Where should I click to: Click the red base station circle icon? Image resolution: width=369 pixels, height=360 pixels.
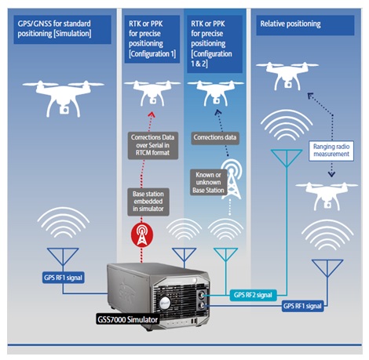point(142,235)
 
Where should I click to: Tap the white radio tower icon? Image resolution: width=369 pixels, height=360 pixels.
point(232,179)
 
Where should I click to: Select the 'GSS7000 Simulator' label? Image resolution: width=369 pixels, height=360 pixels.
point(128,320)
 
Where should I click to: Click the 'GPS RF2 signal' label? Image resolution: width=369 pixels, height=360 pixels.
point(253,295)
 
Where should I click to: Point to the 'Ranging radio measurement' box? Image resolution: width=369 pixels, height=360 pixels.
point(331,151)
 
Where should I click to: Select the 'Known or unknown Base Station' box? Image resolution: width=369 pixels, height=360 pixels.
point(208,182)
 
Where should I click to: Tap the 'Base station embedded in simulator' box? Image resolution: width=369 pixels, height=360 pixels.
point(148,202)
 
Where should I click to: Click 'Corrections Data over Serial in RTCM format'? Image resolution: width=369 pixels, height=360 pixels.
point(153,145)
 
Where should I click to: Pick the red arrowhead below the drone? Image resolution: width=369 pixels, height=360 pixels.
point(152,115)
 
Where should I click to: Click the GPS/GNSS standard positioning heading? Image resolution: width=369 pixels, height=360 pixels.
point(62,29)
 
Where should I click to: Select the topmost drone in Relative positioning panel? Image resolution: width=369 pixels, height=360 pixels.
point(287,75)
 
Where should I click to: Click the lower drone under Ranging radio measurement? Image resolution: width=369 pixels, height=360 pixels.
point(327,196)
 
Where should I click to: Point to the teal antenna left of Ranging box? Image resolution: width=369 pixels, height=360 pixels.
point(287,158)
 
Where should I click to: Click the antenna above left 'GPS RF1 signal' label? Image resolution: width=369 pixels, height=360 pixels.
point(63,257)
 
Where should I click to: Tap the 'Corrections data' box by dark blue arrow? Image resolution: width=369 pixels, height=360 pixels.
point(215,138)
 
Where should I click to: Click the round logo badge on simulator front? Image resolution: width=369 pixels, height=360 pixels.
point(165,304)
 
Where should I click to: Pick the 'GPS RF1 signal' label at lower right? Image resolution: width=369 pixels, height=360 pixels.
point(302,306)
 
